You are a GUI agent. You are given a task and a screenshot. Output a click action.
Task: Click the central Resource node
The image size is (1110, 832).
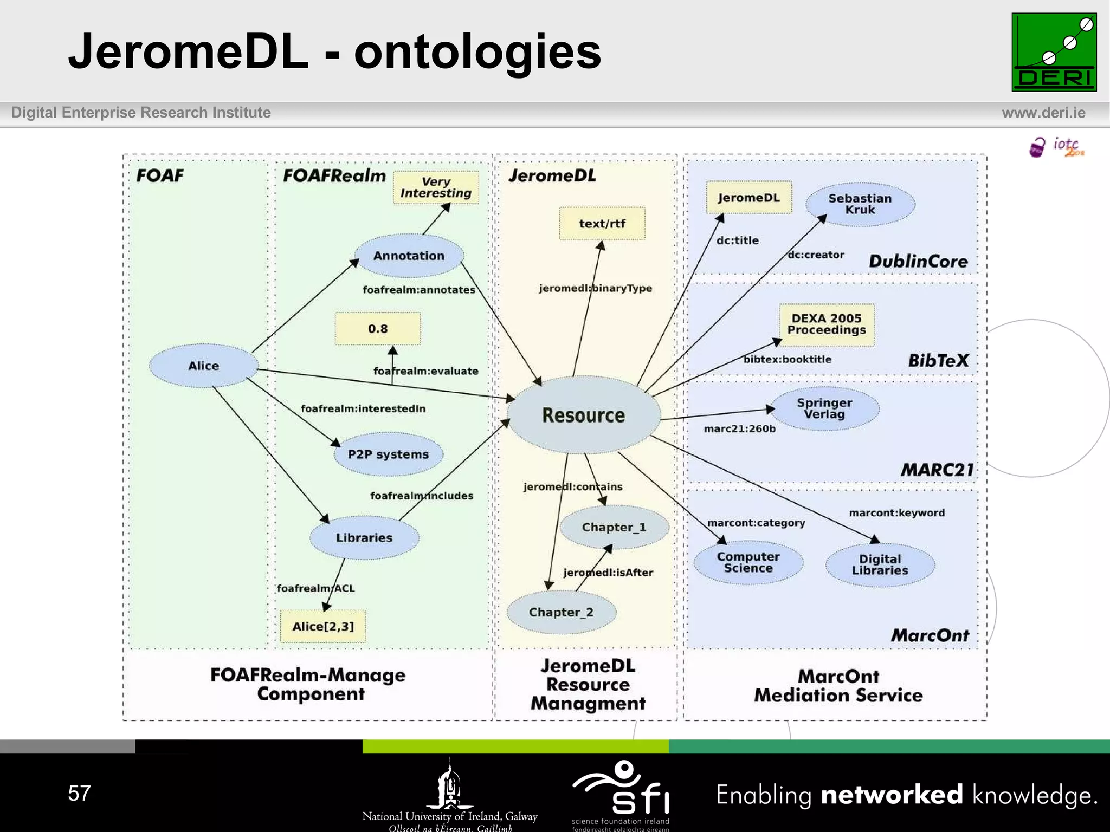[x=584, y=415]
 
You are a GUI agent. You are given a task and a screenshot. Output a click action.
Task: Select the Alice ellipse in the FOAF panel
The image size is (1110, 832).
[x=204, y=366]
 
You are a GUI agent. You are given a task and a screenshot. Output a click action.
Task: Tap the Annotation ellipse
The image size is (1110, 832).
[x=409, y=256]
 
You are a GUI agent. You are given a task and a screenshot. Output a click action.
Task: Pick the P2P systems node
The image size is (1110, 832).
[x=388, y=454]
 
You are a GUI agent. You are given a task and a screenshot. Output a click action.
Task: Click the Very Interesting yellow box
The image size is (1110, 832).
[x=436, y=187]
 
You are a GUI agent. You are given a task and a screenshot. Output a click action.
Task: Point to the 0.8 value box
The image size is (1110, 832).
[x=378, y=329]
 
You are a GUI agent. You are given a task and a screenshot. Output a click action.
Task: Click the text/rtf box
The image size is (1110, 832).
[x=602, y=223]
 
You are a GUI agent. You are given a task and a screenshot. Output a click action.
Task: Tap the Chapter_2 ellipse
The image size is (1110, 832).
[x=561, y=612]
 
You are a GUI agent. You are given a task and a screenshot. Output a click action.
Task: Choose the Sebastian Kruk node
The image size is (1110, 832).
[x=860, y=204]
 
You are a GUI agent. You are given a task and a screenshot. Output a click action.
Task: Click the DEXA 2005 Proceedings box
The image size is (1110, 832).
[x=827, y=324]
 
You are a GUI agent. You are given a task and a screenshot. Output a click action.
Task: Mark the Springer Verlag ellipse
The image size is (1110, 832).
[x=824, y=408]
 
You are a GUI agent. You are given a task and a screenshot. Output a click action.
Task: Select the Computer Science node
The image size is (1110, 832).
[x=748, y=562]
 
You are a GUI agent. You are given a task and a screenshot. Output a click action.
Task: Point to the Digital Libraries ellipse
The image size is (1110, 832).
[x=880, y=564]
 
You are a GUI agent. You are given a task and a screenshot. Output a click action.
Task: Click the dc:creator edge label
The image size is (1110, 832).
[x=816, y=255]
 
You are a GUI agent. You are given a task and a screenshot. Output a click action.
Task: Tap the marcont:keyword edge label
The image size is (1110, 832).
[x=896, y=513]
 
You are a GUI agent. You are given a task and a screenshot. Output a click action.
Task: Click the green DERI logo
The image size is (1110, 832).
[x=1054, y=53]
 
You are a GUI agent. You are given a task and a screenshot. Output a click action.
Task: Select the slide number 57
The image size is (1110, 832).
[x=79, y=794]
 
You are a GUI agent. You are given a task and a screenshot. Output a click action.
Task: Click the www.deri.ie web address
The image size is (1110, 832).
[x=1043, y=113]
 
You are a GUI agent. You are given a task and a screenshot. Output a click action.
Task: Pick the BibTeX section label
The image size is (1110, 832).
[x=938, y=361]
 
